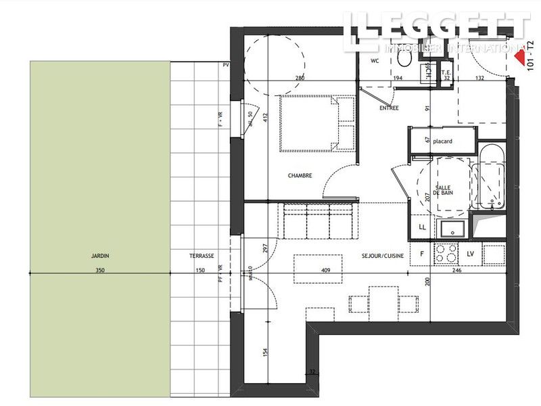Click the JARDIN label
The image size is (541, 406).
[100, 256]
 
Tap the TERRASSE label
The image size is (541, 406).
[202, 256]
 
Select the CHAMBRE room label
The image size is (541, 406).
[300, 176]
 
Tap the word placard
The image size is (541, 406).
[443, 141]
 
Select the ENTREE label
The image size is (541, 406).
[389, 108]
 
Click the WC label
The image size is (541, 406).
[375, 61]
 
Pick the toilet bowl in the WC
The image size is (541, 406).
[404, 60]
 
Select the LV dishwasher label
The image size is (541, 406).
[471, 254]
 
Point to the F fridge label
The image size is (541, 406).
[421, 254]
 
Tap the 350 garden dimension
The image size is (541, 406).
[100, 270]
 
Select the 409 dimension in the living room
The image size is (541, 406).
[325, 269]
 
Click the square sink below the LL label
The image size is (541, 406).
[448, 229]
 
